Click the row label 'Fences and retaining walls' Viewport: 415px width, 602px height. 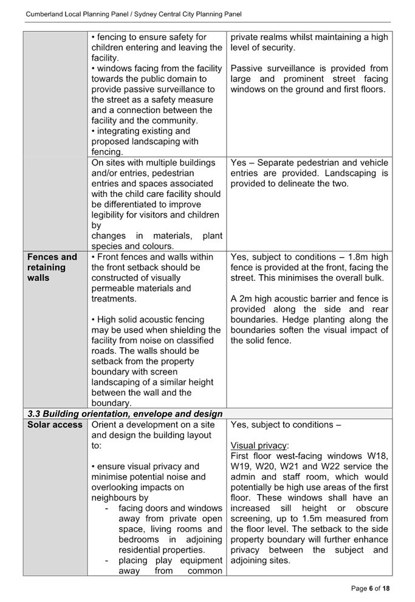pyautogui.click(x=52, y=267)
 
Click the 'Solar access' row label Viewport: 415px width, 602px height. pyautogui.click(x=55, y=424)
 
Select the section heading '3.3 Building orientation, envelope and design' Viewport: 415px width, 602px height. pyautogui.click(x=125, y=413)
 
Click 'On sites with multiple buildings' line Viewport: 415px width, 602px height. pyautogui.click(x=153, y=163)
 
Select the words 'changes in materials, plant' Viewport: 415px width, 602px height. pyautogui.click(x=156, y=236)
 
